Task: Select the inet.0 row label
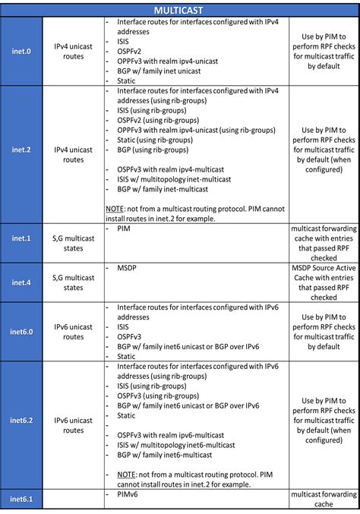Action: click(22, 52)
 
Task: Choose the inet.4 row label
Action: click(22, 282)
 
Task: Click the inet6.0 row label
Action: click(22, 332)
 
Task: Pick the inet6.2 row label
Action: click(22, 420)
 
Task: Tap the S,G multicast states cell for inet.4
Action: click(74, 282)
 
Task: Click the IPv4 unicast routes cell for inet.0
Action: click(74, 52)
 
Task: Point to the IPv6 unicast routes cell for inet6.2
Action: click(74, 425)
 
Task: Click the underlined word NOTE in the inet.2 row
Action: click(114, 208)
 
